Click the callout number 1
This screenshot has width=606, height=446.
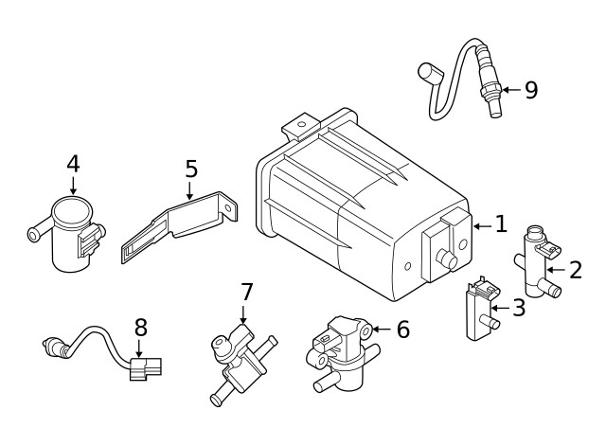point(501,225)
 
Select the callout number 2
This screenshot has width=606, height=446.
point(576,270)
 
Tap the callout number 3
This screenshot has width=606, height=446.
point(518,308)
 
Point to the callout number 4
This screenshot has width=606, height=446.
point(73,164)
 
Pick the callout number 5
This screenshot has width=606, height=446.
point(190,169)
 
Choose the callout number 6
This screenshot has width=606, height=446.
point(402,330)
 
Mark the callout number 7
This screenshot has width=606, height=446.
point(246,291)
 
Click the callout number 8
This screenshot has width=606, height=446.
point(140,328)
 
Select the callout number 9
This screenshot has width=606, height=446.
point(530,90)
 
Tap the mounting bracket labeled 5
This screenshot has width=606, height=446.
point(180,227)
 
